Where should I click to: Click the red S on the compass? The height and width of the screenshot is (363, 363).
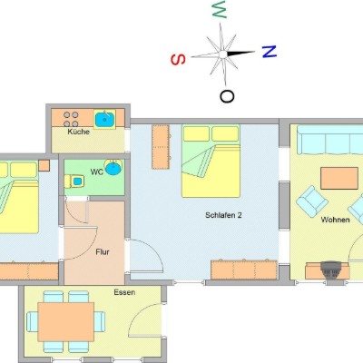[178, 60]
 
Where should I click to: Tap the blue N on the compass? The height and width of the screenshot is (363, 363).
[270, 52]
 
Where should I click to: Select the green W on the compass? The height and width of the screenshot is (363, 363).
[220, 9]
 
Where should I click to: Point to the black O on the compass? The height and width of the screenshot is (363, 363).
[227, 96]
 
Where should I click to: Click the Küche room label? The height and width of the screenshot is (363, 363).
[79, 132]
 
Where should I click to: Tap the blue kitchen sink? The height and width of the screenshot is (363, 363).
[104, 119]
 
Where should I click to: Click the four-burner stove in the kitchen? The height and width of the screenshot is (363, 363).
[71, 119]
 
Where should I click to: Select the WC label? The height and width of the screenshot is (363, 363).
[97, 172]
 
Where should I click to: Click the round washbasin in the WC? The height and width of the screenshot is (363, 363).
[113, 168]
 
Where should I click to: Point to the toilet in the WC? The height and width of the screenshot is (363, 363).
[74, 181]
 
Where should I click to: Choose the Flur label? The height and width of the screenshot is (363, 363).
[103, 251]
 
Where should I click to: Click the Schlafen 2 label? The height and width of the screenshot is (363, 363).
[223, 215]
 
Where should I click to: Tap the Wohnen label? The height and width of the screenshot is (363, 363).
[335, 220]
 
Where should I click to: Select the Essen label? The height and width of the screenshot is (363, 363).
[124, 292]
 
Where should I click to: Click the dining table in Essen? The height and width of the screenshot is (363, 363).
[66, 321]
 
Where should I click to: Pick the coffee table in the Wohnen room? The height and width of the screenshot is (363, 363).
[339, 178]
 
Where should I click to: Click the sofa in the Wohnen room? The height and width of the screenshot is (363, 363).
[330, 140]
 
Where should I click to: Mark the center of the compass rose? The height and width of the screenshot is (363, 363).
[223, 54]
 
